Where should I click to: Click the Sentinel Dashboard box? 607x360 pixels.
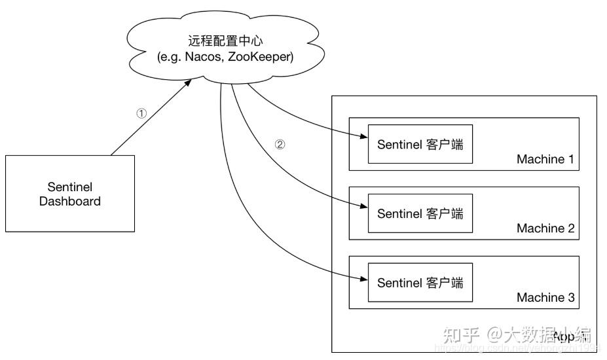[x=70, y=193]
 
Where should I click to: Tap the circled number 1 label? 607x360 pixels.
[x=141, y=113]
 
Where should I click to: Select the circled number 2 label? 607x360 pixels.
[x=280, y=145]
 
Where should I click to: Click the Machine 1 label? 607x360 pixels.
[x=545, y=159]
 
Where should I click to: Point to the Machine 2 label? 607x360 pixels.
[x=545, y=228]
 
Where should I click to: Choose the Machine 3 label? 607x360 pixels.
[x=545, y=298]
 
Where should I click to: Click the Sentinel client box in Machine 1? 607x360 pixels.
[x=420, y=144]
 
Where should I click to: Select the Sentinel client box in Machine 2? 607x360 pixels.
[x=420, y=213]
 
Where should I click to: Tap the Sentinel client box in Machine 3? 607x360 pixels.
[x=420, y=283]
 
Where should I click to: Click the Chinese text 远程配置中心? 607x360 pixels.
[x=225, y=41]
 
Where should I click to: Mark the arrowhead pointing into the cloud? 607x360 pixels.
[x=189, y=82]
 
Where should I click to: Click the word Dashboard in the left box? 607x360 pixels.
[x=70, y=202]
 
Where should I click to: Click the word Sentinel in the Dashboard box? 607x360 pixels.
[x=70, y=186]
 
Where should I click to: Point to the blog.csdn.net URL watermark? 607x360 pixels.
[x=517, y=350]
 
